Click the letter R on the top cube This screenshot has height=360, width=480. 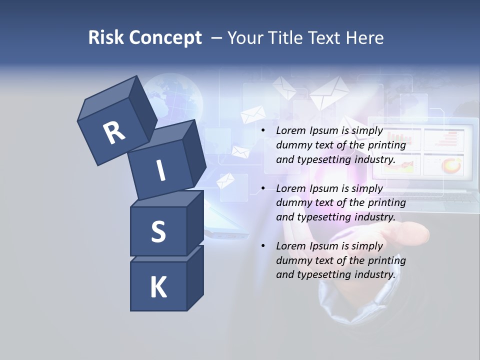coord(114,132)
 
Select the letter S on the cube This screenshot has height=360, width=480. coord(158,231)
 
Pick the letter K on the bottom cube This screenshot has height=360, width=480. coord(158,287)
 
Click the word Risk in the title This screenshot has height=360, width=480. coord(106,37)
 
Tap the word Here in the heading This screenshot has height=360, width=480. coord(366,37)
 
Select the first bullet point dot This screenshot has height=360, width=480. coord(263,130)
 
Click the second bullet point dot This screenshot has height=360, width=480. coord(263,188)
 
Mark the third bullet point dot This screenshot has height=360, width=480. coord(263,245)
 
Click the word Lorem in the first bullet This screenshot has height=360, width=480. coord(290,130)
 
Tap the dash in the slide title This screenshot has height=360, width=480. coord(217,37)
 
